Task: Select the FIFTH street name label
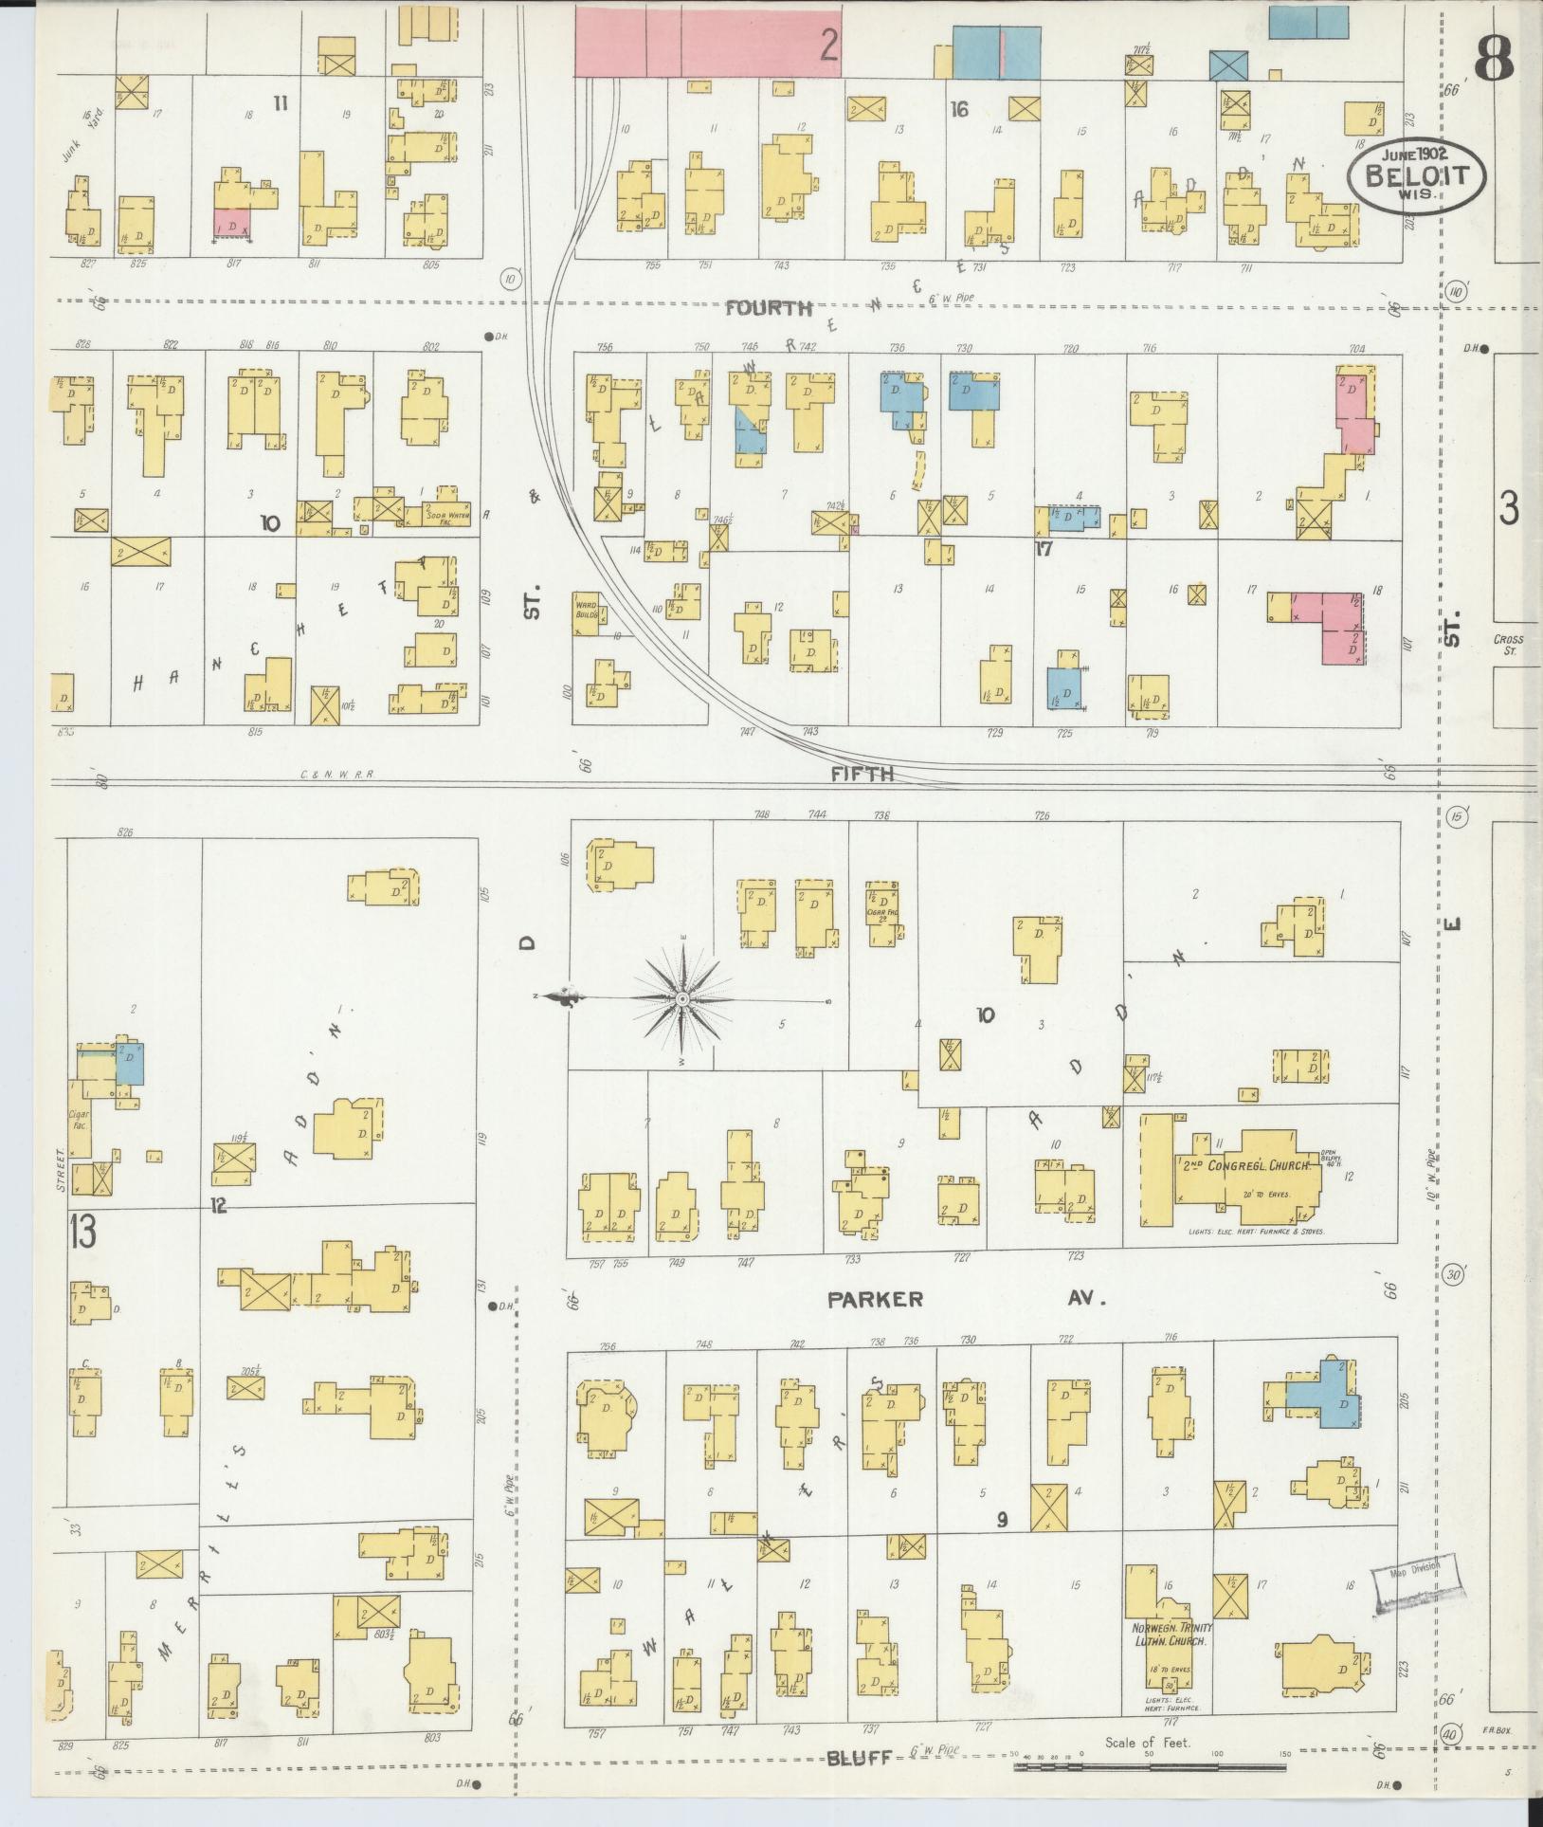click(862, 774)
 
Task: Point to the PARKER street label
click(875, 1299)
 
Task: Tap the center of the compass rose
click(682, 1000)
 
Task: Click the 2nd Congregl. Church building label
click(1246, 1164)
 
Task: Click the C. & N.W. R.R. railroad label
click(337, 774)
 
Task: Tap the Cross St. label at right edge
click(1508, 645)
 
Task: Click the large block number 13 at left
click(82, 1233)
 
